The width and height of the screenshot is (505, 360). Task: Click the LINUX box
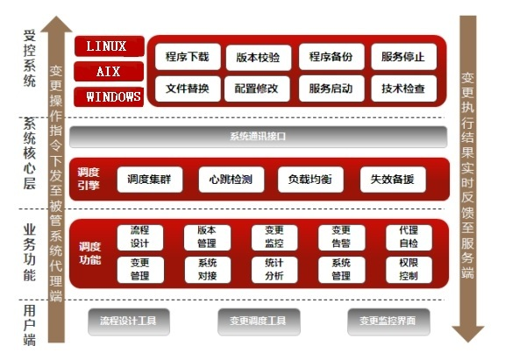[x=110, y=46]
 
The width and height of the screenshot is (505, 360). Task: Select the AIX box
[x=109, y=72]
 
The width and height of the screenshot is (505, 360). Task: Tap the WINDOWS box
[x=109, y=96]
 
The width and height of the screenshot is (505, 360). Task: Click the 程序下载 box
[x=188, y=57]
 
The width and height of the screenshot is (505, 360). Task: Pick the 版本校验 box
[x=259, y=58]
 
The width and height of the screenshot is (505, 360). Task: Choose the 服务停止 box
[x=404, y=57]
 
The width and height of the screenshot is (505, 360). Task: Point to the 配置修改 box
[x=257, y=88]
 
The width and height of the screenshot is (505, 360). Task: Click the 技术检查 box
[x=404, y=88]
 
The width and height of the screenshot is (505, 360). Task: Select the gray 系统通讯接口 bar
[x=259, y=137]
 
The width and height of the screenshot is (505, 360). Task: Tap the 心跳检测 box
[x=231, y=180]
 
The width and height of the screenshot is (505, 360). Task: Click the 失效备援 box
[x=393, y=180]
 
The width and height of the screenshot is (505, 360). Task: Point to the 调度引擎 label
[x=89, y=179]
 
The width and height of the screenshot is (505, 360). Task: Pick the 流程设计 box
[x=140, y=237]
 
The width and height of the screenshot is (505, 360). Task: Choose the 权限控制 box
[x=409, y=270]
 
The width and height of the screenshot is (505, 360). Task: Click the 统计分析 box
[x=274, y=270]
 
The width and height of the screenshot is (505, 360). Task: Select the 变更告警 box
[x=341, y=237]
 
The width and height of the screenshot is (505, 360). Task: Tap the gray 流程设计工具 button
[x=129, y=321]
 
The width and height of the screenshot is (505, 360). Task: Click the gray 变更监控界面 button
[x=388, y=321]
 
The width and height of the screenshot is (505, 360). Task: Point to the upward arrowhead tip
[x=56, y=16]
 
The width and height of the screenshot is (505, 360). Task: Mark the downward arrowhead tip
[x=468, y=342]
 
